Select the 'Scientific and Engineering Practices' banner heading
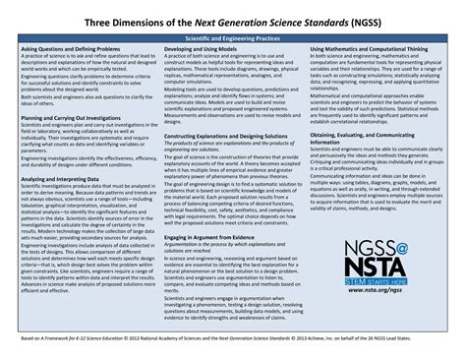[233, 36]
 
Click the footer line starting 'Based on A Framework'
[233, 336]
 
